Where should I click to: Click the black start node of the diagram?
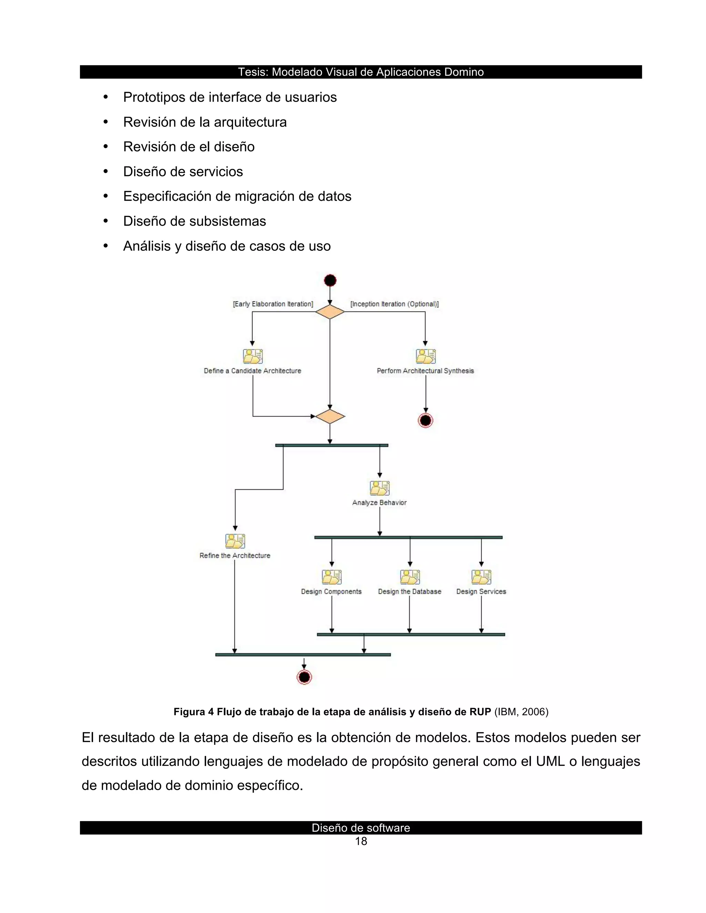(x=330, y=280)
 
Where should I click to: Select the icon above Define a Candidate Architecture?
(x=253, y=356)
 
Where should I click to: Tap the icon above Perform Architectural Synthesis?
(x=426, y=356)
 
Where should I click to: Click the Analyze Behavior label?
(x=379, y=502)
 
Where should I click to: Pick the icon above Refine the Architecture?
(x=235, y=541)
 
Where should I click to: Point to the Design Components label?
(x=331, y=592)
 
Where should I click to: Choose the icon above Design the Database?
(x=410, y=577)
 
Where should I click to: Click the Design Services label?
(x=481, y=592)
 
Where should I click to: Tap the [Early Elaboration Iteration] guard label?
(x=273, y=304)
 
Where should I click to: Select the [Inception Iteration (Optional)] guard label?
(x=394, y=304)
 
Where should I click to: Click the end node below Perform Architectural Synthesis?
(x=426, y=421)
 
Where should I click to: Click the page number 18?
(x=361, y=841)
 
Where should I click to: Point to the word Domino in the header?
(x=464, y=72)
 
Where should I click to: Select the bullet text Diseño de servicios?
(x=183, y=171)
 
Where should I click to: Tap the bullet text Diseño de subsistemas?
(x=194, y=221)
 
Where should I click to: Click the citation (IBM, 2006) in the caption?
(x=521, y=711)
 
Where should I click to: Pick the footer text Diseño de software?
(x=361, y=828)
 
